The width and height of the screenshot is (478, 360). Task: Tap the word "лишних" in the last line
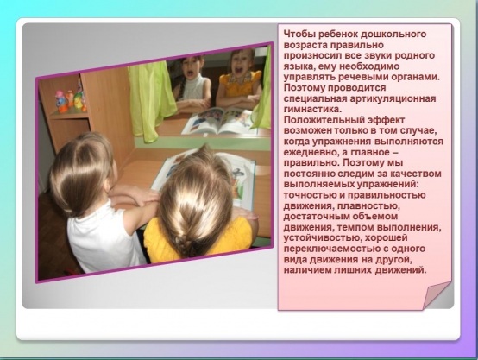pyautogui.click(x=353, y=270)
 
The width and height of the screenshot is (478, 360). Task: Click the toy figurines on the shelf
pyautogui.click(x=71, y=97)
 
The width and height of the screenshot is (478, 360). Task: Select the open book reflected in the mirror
pyautogui.click(x=218, y=121)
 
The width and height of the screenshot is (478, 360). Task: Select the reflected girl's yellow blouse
pyautogui.click(x=240, y=84)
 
